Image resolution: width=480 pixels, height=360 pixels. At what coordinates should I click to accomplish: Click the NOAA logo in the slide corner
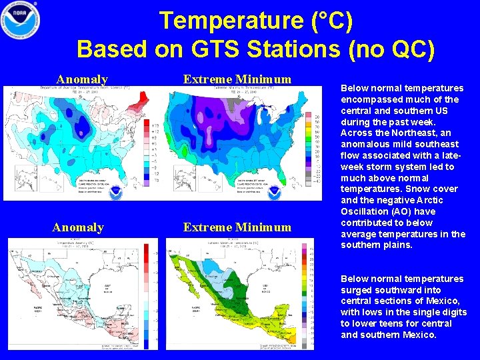coord(21,20)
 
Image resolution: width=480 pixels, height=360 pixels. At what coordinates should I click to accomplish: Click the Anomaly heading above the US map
coord(82,80)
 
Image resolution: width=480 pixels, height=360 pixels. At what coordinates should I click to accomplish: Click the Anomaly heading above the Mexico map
coord(78,227)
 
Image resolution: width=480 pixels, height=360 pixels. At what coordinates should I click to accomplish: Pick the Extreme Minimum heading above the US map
coord(237,80)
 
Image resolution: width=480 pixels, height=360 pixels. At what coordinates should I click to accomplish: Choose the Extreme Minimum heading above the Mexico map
coord(237,227)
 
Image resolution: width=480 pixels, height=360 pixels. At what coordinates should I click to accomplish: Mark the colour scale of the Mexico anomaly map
coord(146,293)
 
